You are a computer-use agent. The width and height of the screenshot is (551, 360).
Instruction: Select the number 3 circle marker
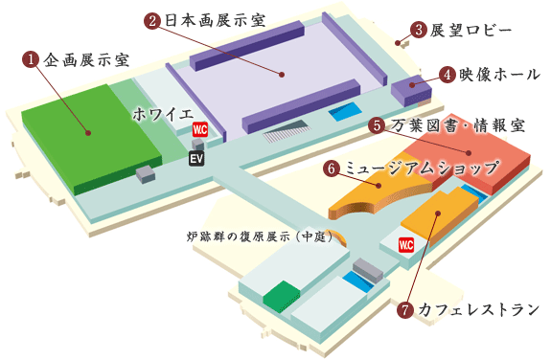click(418, 30)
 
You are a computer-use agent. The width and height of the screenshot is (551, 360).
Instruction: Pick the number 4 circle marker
click(447, 74)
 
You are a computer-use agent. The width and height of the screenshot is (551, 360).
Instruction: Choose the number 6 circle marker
click(333, 168)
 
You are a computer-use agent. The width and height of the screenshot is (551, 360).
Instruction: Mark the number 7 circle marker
click(405, 309)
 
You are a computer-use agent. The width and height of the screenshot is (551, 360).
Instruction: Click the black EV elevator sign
click(196, 158)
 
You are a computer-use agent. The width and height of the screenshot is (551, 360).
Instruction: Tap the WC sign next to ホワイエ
click(200, 129)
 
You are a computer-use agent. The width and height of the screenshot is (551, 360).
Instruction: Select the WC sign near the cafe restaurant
click(406, 244)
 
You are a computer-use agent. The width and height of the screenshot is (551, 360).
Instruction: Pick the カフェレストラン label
click(470, 309)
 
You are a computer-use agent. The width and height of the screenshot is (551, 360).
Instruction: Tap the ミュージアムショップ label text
click(421, 168)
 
